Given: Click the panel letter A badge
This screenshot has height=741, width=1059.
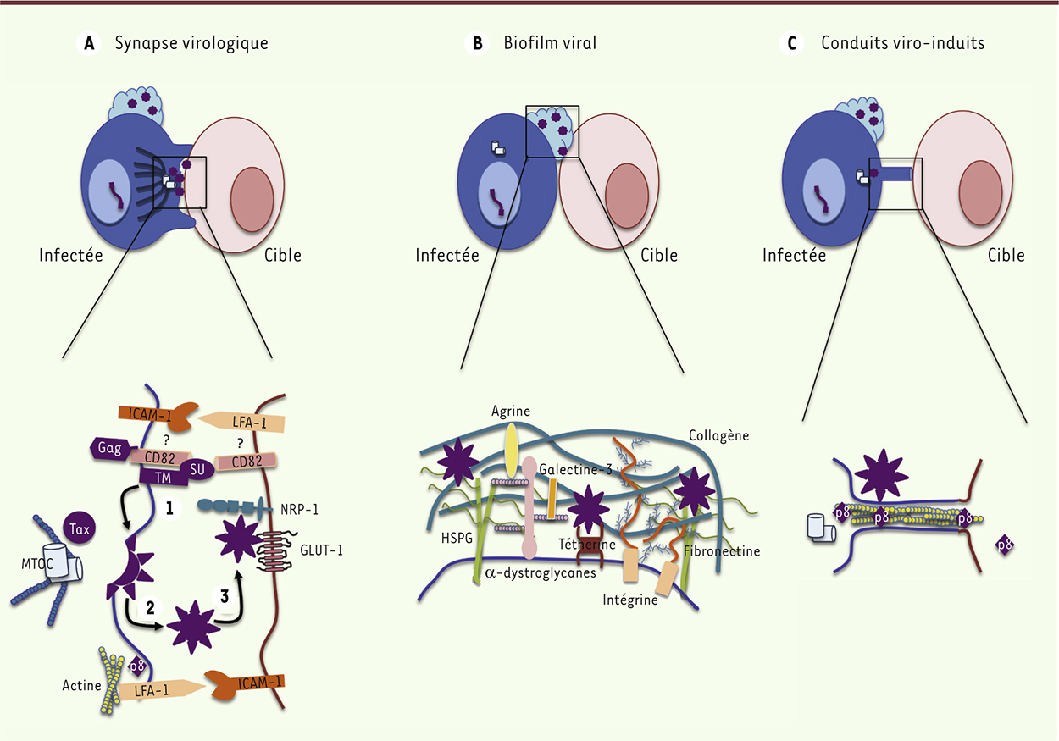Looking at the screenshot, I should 87,44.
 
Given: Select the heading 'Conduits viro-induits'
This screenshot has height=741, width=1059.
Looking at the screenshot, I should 902,43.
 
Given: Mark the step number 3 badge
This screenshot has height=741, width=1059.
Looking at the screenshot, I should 225,596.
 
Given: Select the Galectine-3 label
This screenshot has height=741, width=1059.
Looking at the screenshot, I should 574,470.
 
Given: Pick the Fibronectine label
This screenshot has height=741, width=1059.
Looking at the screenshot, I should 722,551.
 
